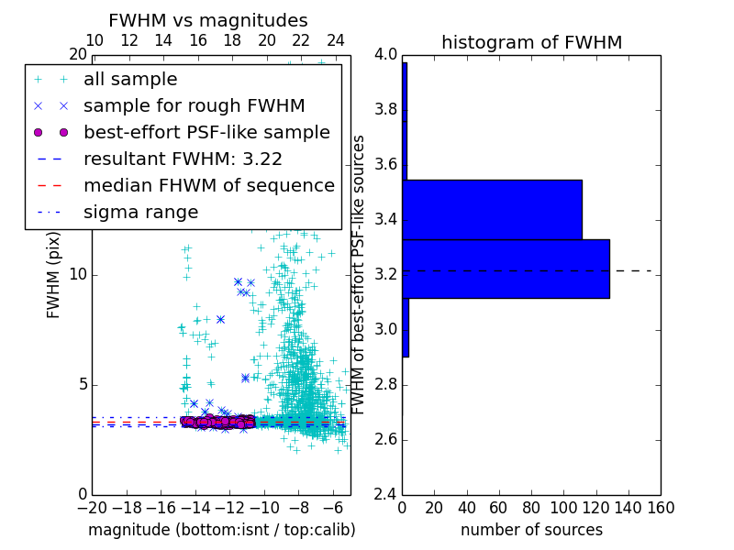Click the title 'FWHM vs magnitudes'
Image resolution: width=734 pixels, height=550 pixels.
click(x=208, y=20)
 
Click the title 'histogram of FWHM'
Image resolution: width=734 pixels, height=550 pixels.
click(x=531, y=42)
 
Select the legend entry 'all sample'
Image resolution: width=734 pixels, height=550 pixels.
click(x=130, y=80)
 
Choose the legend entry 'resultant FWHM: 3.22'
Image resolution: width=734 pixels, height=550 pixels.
click(x=183, y=159)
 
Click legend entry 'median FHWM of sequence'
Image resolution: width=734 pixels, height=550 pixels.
click(x=208, y=185)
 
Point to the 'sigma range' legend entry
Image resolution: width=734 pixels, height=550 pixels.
click(x=140, y=212)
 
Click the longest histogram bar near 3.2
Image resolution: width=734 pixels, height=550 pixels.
click(x=506, y=269)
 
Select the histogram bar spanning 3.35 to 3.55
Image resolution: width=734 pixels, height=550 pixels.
click(x=492, y=209)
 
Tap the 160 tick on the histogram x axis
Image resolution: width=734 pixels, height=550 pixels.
click(x=661, y=508)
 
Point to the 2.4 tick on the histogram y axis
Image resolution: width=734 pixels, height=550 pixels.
click(x=385, y=494)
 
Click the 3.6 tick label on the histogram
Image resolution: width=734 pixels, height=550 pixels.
click(x=385, y=164)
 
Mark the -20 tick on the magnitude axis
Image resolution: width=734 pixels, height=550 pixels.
click(x=92, y=508)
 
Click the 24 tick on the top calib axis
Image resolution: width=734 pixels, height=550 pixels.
click(x=336, y=40)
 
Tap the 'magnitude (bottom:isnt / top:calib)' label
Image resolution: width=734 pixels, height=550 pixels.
click(x=221, y=530)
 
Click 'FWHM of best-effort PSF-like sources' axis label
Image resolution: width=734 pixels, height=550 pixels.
click(x=360, y=274)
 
